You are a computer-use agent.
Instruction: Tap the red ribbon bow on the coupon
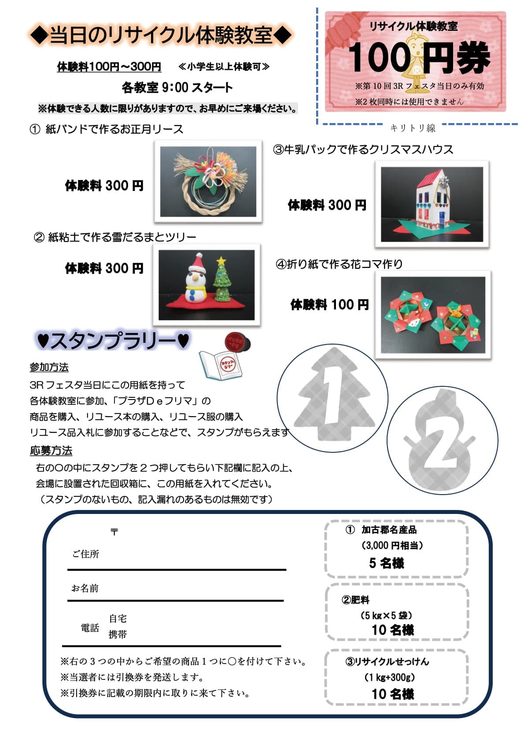pos(341,31)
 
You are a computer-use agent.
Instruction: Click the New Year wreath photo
pos(208,181)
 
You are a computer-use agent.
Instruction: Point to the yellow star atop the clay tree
pos(221,261)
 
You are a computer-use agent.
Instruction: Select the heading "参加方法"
pos(49,367)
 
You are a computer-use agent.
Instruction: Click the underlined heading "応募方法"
pos(51,451)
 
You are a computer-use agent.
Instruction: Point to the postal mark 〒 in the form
pos(114,532)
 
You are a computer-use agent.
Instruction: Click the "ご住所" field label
pos(86,554)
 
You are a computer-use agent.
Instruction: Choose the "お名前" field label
pos(85,588)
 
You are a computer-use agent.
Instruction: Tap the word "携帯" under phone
pos(118,634)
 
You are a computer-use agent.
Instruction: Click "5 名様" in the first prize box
pos(387,563)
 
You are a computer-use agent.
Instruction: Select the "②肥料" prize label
pos(355,600)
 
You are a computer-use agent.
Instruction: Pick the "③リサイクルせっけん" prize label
pos(387,661)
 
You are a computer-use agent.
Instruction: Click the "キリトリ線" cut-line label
pos(413,128)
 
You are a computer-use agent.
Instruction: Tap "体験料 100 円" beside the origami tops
pos(330,304)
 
